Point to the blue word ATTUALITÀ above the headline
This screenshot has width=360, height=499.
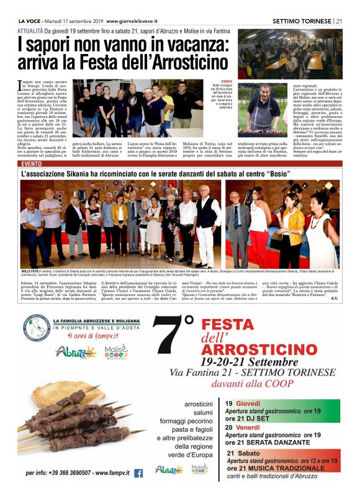pyautogui.click(x=30, y=30)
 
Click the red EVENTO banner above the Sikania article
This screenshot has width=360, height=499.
pyautogui.click(x=32, y=164)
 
